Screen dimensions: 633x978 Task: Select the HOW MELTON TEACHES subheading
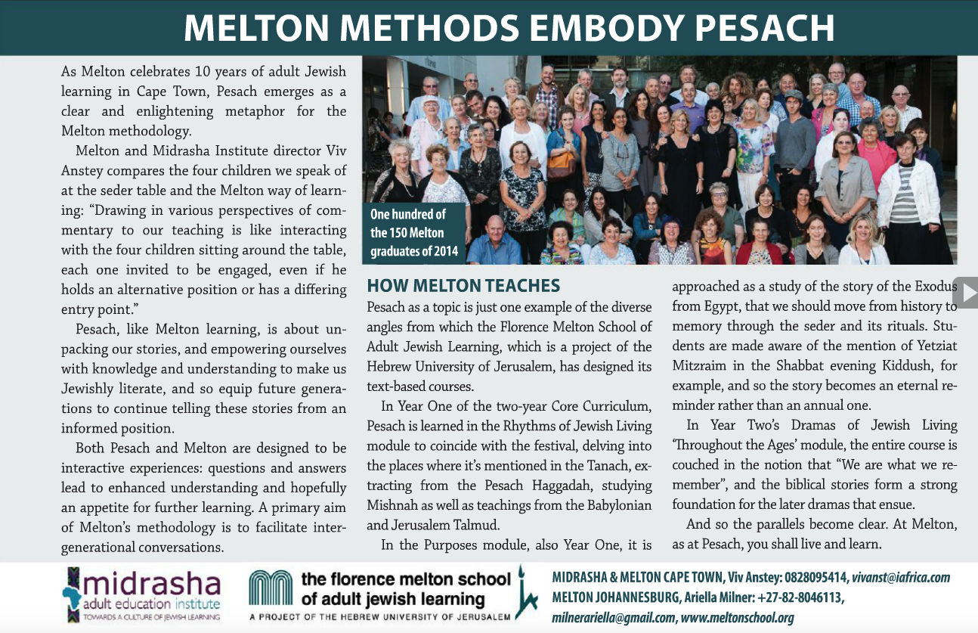(463, 286)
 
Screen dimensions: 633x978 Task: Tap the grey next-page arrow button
(967, 292)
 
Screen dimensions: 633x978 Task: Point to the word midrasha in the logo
(155, 585)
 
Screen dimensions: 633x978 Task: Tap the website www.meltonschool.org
(737, 618)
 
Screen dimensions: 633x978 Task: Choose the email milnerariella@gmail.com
(613, 618)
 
